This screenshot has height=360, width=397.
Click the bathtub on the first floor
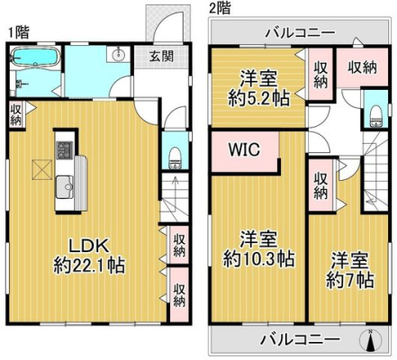tap(35, 57)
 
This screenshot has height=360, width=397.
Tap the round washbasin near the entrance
tap(119, 54)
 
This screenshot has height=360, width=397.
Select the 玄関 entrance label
tap(162, 56)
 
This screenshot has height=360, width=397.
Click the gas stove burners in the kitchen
tap(65, 149)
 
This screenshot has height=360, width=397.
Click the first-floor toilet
tap(175, 157)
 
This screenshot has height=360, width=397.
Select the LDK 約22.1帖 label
tap(89, 256)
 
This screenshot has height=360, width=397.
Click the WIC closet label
tap(244, 149)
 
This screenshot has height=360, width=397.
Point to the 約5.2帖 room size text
tap(258, 98)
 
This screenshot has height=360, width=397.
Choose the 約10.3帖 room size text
tap(258, 259)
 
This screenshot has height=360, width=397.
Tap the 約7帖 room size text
tap(349, 281)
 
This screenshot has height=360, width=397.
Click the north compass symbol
tap(371, 340)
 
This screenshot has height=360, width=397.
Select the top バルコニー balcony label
tap(300, 31)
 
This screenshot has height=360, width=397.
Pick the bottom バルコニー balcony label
tap(300, 339)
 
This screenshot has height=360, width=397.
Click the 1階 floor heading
tap(19, 32)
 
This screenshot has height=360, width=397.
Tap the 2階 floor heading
tap(220, 8)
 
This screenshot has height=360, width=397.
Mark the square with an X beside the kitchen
tap(41, 170)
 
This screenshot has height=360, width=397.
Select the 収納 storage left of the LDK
tap(15, 115)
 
